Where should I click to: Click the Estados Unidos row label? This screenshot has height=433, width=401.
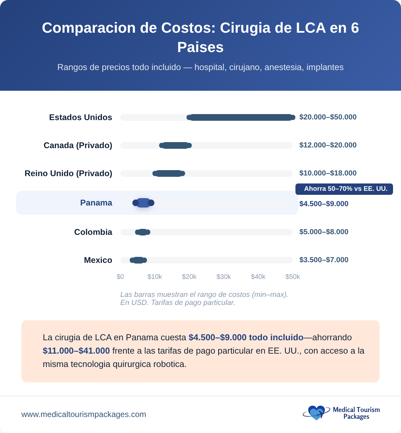pyautogui.click(x=81, y=117)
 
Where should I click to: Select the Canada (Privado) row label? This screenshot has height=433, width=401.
pyautogui.click(x=78, y=145)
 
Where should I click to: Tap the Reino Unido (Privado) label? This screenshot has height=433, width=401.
pyautogui.click(x=69, y=173)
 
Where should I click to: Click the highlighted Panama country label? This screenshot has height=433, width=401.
pyautogui.click(x=96, y=203)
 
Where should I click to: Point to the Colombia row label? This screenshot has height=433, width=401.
pyautogui.click(x=93, y=232)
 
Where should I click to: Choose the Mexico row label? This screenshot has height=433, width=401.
pyautogui.click(x=98, y=260)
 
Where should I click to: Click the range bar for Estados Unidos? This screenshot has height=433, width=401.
pyautogui.click(x=241, y=117)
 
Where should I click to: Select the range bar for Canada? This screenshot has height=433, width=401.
pyautogui.click(x=175, y=145)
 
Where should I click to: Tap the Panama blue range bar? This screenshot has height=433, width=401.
pyautogui.click(x=143, y=203)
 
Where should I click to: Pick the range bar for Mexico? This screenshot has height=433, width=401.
pyautogui.click(x=138, y=260)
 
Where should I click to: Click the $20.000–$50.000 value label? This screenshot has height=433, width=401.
pyautogui.click(x=328, y=117)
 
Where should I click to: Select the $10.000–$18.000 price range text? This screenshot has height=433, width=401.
pyautogui.click(x=328, y=173)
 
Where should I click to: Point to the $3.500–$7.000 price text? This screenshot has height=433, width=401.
pyautogui.click(x=324, y=260)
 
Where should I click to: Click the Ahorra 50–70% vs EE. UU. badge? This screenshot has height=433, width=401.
pyautogui.click(x=344, y=189)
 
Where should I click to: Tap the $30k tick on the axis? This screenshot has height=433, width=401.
pyautogui.click(x=224, y=277)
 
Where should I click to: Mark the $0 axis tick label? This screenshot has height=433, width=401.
pyautogui.click(x=120, y=277)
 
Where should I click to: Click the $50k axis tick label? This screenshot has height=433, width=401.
pyautogui.click(x=292, y=277)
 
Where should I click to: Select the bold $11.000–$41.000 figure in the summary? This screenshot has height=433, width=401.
pyautogui.click(x=76, y=351)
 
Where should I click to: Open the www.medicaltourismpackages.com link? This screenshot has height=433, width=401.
pyautogui.click(x=84, y=414)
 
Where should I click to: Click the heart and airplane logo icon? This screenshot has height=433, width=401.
pyautogui.click(x=315, y=413)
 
